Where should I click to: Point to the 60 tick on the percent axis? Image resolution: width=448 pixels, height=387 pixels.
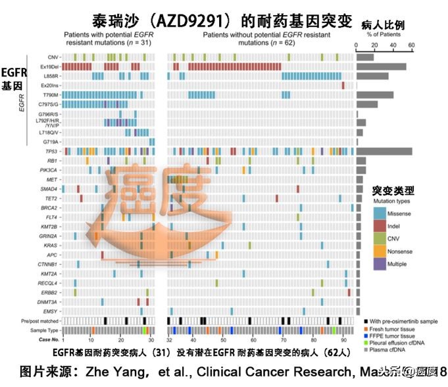412,46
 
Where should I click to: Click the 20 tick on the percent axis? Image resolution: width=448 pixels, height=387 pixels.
374,46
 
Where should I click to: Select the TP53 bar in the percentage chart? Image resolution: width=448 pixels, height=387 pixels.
384,151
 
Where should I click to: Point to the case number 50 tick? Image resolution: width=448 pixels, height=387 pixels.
224,339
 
